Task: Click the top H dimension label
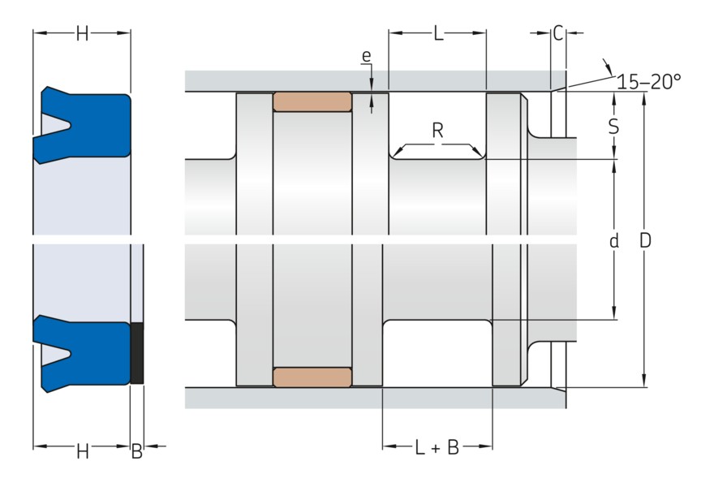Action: (x=82, y=33)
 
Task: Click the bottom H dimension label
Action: (x=82, y=452)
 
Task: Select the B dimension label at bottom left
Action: (x=136, y=452)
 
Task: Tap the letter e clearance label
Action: (x=367, y=56)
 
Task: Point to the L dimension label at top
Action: (x=438, y=33)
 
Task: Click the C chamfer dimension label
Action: (x=557, y=33)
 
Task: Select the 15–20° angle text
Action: (x=648, y=81)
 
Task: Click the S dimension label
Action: (x=613, y=127)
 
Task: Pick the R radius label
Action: (x=437, y=130)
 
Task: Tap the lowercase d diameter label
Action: (x=613, y=241)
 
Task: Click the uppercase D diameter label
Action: (x=645, y=241)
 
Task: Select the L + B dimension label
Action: (x=437, y=447)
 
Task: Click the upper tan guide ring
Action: (x=312, y=101)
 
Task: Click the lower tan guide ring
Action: (x=312, y=377)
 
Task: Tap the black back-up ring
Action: (x=137, y=353)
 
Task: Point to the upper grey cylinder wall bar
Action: (x=365, y=80)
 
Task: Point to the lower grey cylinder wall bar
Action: (x=365, y=398)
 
